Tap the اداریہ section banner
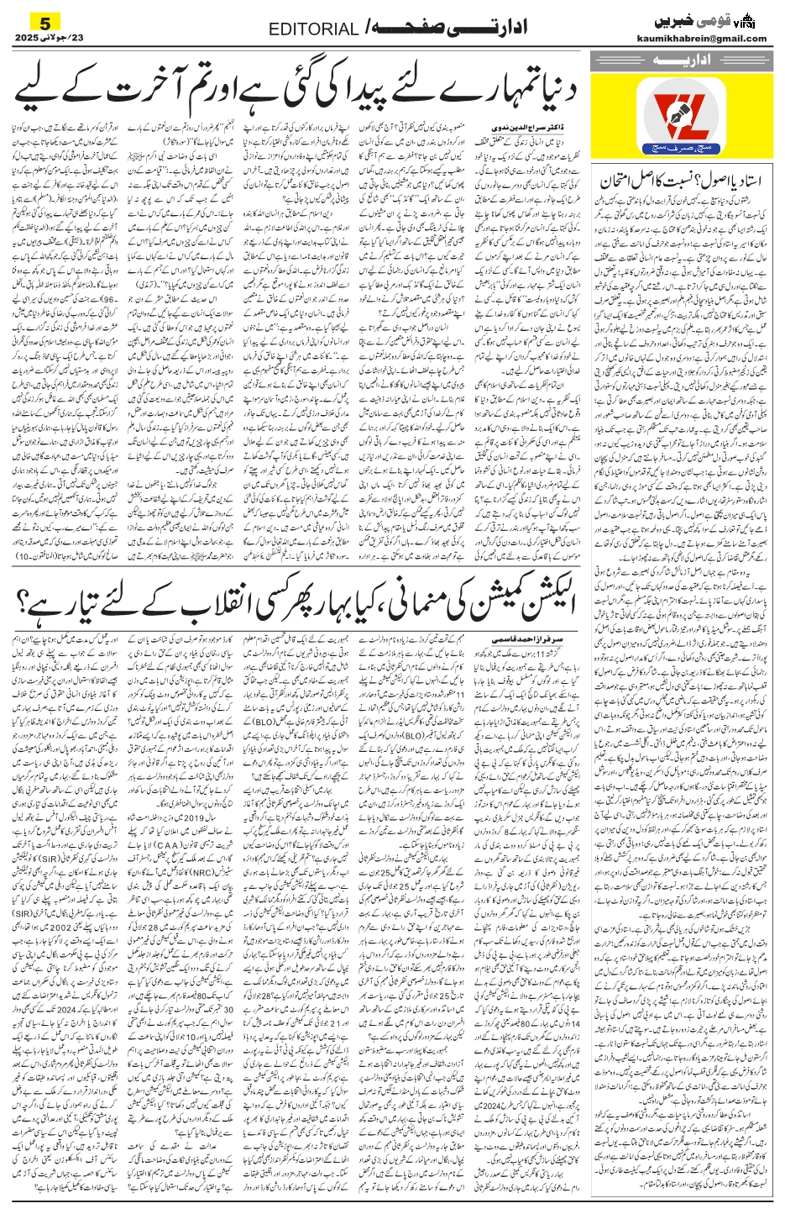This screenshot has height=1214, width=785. (x=678, y=62)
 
